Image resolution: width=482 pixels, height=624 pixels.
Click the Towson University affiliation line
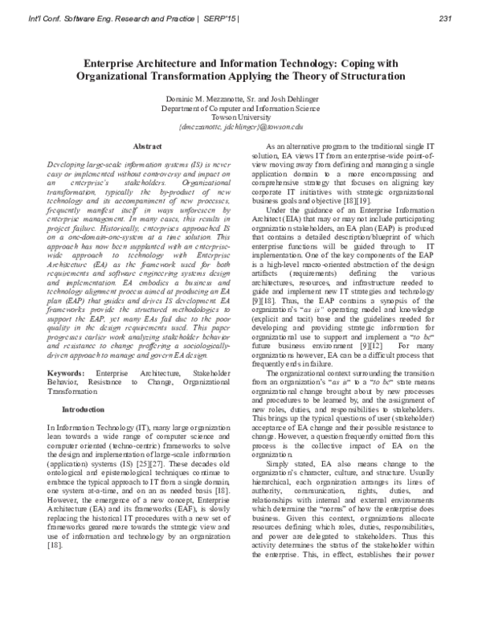pos(240,116)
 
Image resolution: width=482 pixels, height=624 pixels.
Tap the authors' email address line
pos(240,126)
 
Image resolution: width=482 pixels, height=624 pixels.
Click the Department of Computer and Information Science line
pos(240,106)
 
